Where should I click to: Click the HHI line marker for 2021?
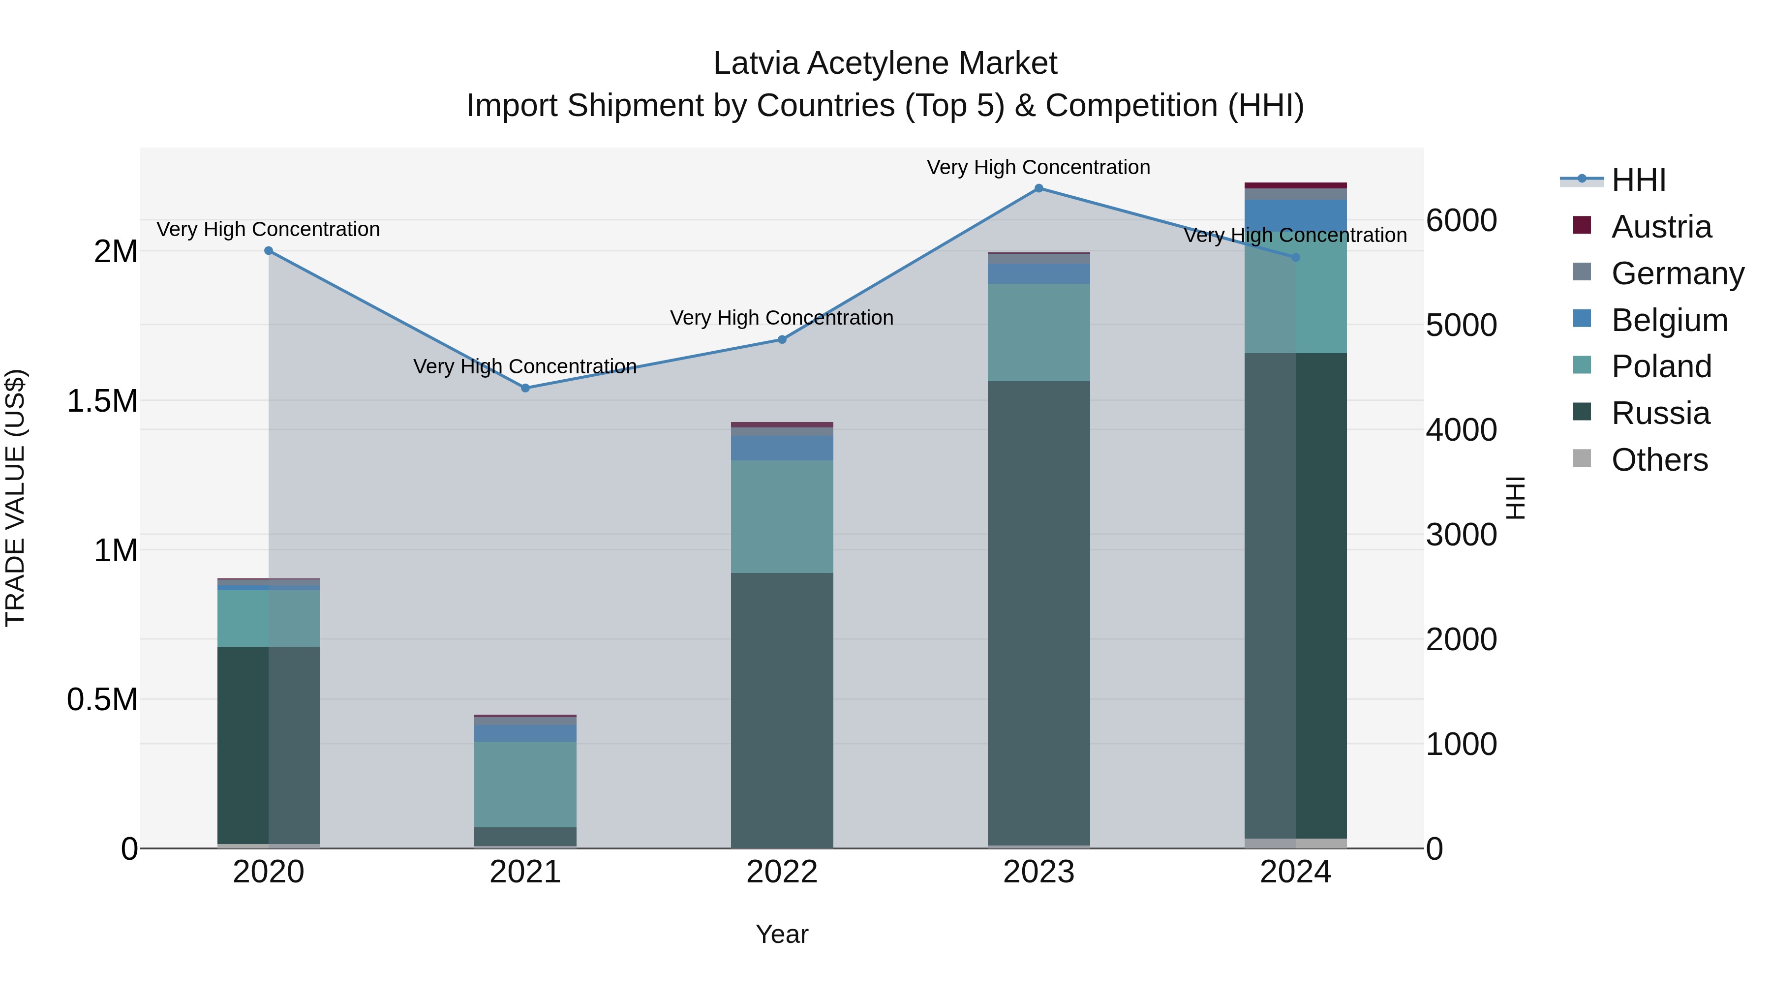(525, 388)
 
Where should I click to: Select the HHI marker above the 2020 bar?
(269, 251)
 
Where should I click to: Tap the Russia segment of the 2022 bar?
(782, 708)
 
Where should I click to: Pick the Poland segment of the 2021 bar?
(525, 784)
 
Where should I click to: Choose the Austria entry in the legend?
(1660, 227)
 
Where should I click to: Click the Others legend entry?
(1658, 460)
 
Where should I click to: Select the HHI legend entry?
(1638, 180)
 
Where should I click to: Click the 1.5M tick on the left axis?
(102, 401)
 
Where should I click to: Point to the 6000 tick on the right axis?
(1461, 221)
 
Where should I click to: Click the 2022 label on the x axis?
(782, 872)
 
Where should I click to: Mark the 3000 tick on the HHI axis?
(1461, 535)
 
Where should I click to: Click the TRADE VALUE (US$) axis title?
(16, 498)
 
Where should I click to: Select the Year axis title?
(782, 934)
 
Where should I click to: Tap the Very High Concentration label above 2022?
(782, 318)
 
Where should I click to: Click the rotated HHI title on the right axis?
(1515, 498)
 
